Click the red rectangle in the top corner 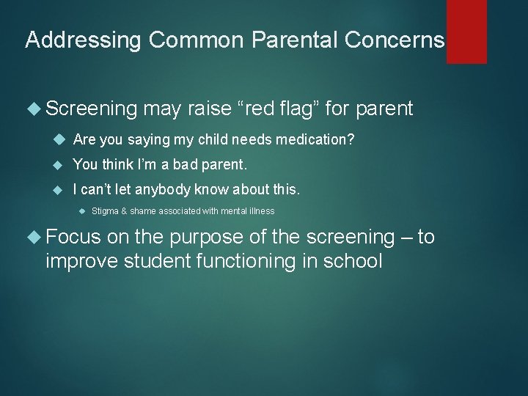466,31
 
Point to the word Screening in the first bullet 91,109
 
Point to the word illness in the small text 261,211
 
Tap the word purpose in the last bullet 211,237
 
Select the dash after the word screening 406,237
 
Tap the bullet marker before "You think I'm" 61,165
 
